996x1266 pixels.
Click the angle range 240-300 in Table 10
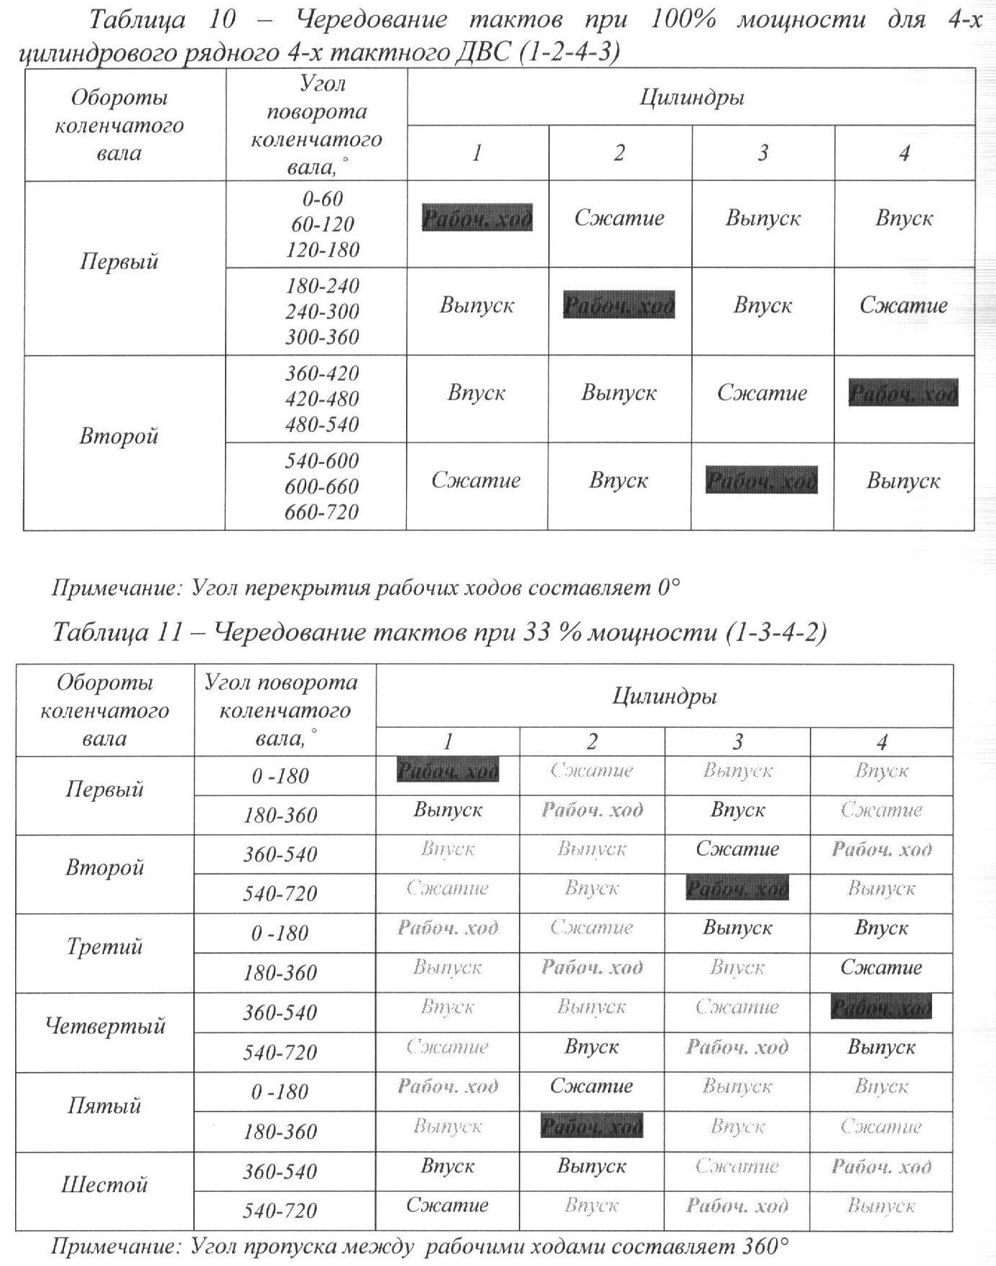[x=322, y=312]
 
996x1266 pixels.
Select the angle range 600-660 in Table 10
[x=322, y=486]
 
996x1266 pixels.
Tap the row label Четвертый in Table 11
[x=105, y=1025]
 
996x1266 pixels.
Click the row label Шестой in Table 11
[x=105, y=1184]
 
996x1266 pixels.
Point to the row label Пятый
[x=105, y=1105]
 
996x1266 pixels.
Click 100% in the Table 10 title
[x=682, y=19]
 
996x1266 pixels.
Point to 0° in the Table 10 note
[x=668, y=588]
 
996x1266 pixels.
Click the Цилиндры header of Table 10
[x=691, y=97]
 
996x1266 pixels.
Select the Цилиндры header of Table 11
[x=665, y=696]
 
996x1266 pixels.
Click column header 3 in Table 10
[x=762, y=153]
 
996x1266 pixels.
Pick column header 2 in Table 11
[x=592, y=741]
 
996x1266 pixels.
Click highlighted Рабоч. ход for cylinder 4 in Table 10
[x=903, y=394]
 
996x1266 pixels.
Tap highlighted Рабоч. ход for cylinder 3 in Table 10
[x=762, y=480]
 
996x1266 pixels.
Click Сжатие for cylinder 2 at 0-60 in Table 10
[x=619, y=218]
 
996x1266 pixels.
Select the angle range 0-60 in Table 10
[x=322, y=199]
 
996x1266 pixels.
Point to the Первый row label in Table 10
[x=119, y=262]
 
